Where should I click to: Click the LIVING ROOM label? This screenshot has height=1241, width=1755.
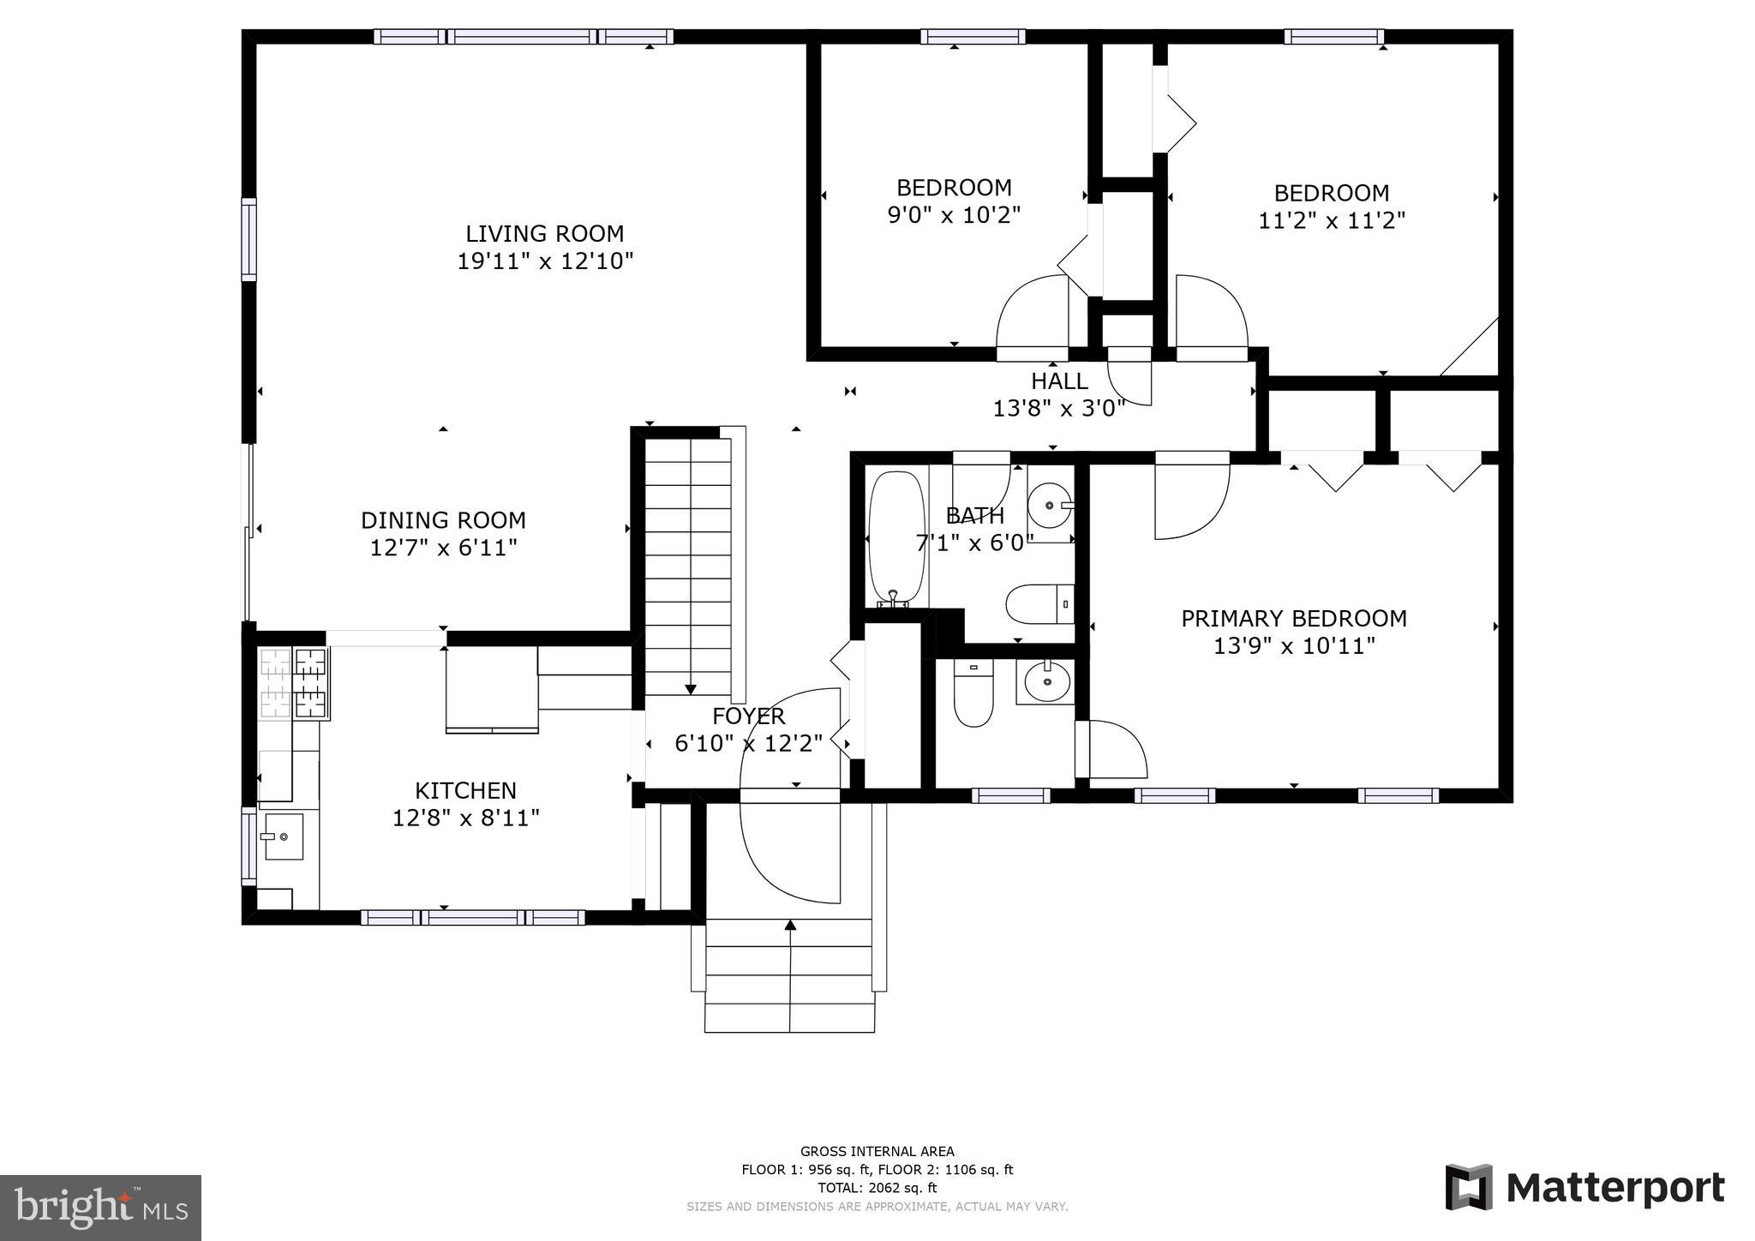pyautogui.click(x=544, y=233)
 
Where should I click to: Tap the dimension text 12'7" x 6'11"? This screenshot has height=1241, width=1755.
pyautogui.click(x=443, y=548)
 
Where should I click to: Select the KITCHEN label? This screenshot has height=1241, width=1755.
pyautogui.click(x=465, y=790)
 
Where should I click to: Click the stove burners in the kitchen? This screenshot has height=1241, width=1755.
pyautogui.click(x=294, y=683)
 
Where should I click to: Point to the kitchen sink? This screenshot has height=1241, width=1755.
pyautogui.click(x=282, y=836)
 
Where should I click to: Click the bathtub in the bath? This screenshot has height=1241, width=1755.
pyautogui.click(x=896, y=537)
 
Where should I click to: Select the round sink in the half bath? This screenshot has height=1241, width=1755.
pyautogui.click(x=1045, y=682)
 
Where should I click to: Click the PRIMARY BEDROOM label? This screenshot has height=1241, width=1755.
pyautogui.click(x=1293, y=618)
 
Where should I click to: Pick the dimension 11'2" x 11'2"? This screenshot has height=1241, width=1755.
pyautogui.click(x=1331, y=221)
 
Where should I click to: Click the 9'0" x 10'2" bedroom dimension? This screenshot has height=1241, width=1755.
pyautogui.click(x=954, y=215)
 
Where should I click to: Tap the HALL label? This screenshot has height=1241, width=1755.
pyautogui.click(x=1059, y=381)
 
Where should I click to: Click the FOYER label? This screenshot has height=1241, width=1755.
pyautogui.click(x=748, y=716)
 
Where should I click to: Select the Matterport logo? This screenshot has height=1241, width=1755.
pyautogui.click(x=1584, y=1188)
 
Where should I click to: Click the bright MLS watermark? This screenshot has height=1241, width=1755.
pyautogui.click(x=100, y=1208)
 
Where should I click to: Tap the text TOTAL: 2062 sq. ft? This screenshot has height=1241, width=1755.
pyautogui.click(x=877, y=1188)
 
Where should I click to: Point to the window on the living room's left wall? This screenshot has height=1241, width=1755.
pyautogui.click(x=249, y=239)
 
